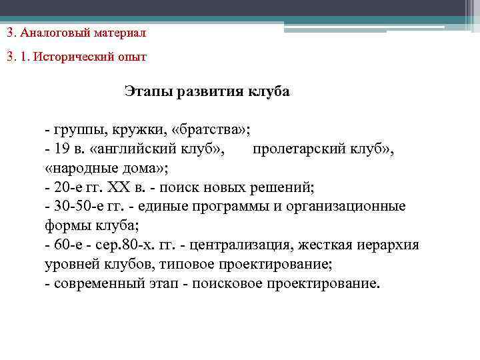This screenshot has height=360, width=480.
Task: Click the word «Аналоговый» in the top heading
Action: click(x=51, y=32)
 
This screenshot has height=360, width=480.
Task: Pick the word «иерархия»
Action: click(x=389, y=245)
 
